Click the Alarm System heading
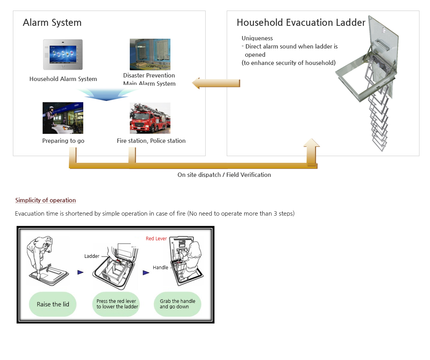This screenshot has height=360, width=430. click(52, 23)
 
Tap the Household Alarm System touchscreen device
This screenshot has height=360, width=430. click(63, 55)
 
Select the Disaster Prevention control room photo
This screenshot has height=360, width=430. click(150, 54)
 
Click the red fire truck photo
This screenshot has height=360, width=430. click(150, 118)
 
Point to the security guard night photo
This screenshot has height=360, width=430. click(63, 118)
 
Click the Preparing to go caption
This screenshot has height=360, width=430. click(63, 140)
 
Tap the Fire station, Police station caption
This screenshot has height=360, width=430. click(151, 140)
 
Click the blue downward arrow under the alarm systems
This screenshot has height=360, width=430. click(106, 95)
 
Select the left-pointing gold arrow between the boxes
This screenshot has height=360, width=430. click(216, 83)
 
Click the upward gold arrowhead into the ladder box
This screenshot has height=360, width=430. click(312, 143)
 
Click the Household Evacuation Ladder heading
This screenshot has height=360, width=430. click(301, 23)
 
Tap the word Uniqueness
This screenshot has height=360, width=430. click(257, 38)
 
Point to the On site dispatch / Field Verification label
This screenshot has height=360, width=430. click(224, 175)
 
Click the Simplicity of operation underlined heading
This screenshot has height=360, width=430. click(45, 200)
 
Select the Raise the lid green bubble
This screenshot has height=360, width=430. click(53, 304)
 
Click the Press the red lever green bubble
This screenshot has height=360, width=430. click(116, 304)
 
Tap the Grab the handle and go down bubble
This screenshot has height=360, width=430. click(177, 304)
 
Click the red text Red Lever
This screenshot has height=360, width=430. click(156, 239)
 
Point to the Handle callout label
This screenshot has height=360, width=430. click(160, 268)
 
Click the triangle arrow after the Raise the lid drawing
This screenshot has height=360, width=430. click(81, 272)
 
